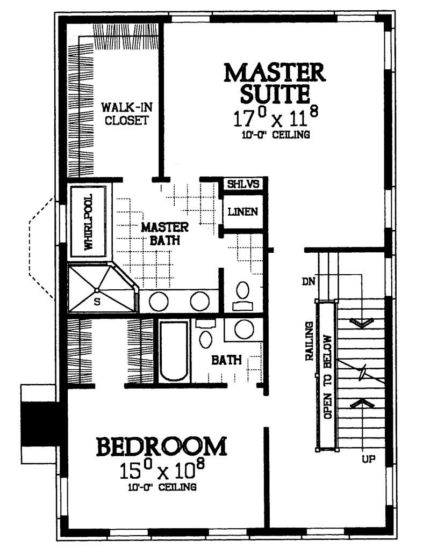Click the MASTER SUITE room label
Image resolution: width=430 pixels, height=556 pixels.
(274, 83)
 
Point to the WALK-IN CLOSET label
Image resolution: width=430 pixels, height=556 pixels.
(126, 113)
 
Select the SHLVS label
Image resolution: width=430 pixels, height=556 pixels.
(243, 184)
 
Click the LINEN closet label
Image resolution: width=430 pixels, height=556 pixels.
(242, 211)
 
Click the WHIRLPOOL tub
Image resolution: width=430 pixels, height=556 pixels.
(89, 222)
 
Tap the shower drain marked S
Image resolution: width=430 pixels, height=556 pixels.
(97, 291)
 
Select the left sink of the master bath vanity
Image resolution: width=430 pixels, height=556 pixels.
(159, 302)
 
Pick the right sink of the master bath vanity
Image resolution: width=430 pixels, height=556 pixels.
(199, 302)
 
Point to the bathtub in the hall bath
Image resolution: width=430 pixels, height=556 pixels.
(174, 352)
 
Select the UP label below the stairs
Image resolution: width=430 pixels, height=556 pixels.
(369, 459)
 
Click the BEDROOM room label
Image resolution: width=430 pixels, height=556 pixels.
(161, 447)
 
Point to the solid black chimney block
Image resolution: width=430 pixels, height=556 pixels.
(38, 423)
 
